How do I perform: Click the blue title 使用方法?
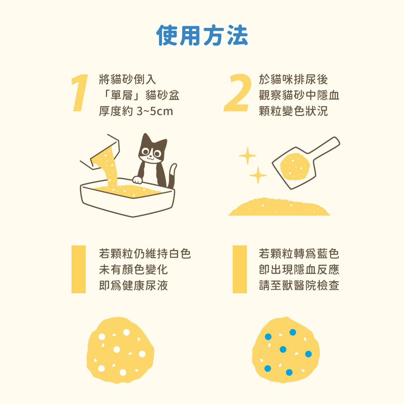[x=202, y=36]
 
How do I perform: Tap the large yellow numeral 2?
[x=237, y=93]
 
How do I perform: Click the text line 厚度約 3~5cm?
[x=136, y=111]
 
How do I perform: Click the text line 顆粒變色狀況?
[x=293, y=111]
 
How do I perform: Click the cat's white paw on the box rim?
[x=138, y=180]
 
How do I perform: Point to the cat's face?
[x=152, y=152]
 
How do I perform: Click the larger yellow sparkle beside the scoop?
[x=247, y=156]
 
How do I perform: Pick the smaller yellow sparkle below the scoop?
[x=258, y=175]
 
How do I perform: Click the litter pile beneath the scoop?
[x=279, y=207]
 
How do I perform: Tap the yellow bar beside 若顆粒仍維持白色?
[x=78, y=269]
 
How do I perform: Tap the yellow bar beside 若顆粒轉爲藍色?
[x=240, y=269]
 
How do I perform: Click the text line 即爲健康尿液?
[x=133, y=286]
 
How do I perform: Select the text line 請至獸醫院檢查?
[x=299, y=286]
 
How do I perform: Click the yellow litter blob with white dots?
[x=120, y=350]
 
